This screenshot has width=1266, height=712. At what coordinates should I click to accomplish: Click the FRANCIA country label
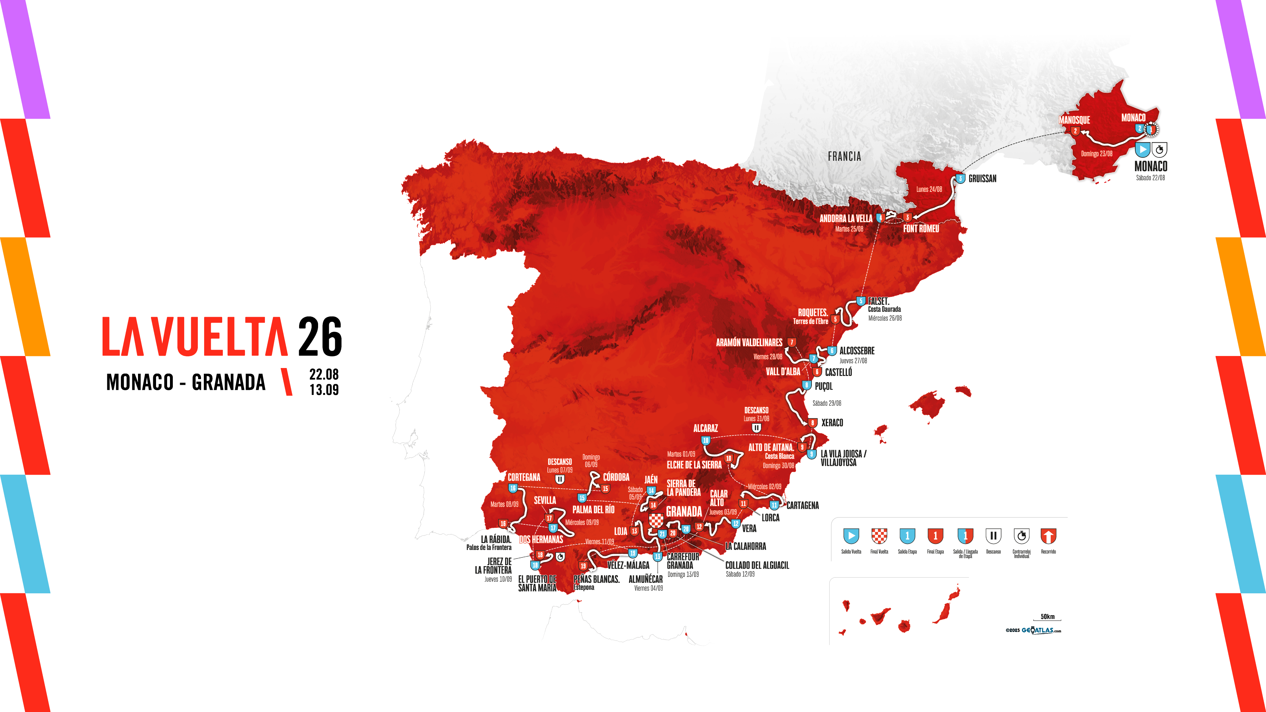pyautogui.click(x=844, y=157)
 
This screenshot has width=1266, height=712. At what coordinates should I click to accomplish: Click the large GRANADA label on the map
pyautogui.click(x=684, y=511)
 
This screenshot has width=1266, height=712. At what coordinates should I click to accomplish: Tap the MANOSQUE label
pyautogui.click(x=1074, y=120)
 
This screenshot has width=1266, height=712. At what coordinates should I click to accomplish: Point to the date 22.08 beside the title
pyautogui.click(x=324, y=374)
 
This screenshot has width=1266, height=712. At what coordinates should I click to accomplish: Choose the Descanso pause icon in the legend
pyautogui.click(x=993, y=536)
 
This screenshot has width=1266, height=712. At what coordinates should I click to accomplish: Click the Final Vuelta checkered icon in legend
pyautogui.click(x=879, y=536)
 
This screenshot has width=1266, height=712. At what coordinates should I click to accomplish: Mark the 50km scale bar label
pyautogui.click(x=1047, y=617)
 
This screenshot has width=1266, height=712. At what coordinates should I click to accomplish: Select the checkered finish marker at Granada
pyautogui.click(x=656, y=520)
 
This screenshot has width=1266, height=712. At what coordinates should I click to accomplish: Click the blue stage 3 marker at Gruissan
pyautogui.click(x=960, y=179)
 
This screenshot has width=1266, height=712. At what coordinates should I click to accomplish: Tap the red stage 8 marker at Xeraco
pyautogui.click(x=812, y=422)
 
